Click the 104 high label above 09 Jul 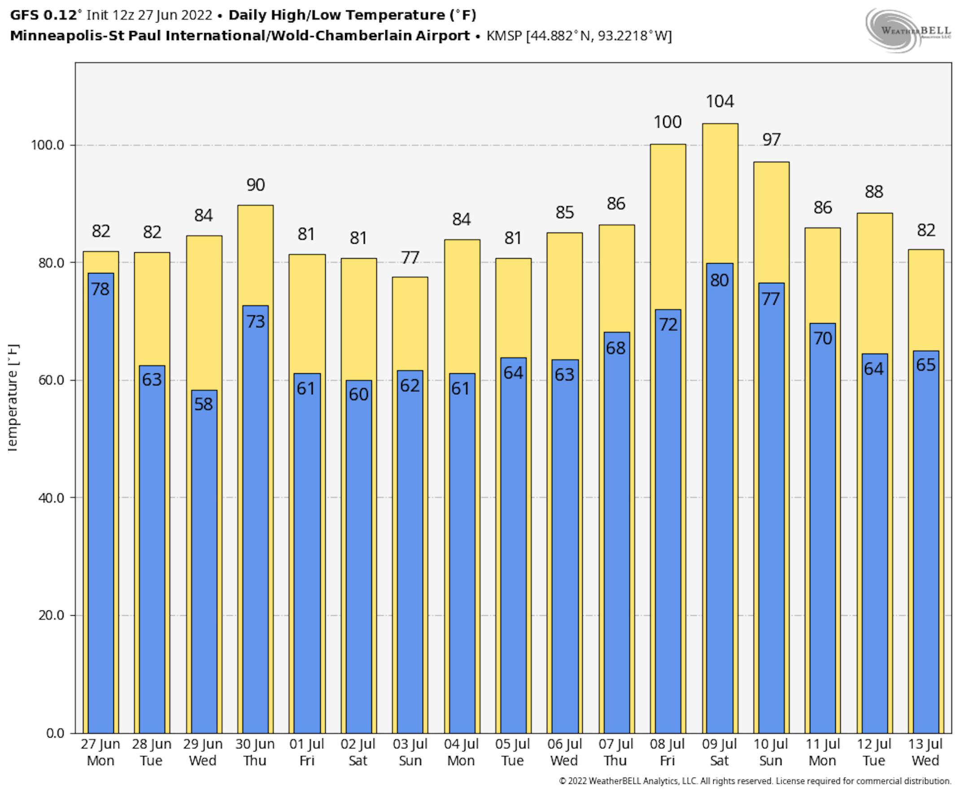[720, 101]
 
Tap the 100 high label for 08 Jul [668, 122]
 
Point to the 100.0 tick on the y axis [48, 146]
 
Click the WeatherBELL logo [908, 30]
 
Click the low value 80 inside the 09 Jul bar [719, 280]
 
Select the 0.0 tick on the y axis [55, 733]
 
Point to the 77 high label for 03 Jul [410, 258]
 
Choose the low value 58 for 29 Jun [204, 404]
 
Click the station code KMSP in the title [504, 36]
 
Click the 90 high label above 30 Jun [255, 185]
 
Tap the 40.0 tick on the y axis [51, 498]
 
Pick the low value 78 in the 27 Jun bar [100, 289]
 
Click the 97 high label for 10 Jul [771, 140]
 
